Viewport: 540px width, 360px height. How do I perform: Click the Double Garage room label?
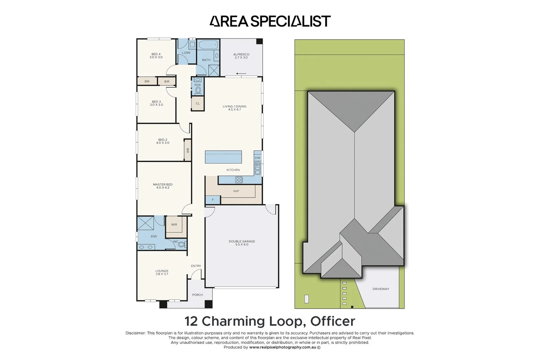(242, 243)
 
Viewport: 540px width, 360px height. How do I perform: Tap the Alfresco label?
(241, 56)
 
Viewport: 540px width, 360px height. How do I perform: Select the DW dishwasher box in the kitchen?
(257, 158)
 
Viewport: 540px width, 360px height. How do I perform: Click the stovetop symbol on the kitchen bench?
(239, 180)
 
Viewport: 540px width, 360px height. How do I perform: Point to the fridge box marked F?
(213, 200)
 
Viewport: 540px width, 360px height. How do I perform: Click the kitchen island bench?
(223, 157)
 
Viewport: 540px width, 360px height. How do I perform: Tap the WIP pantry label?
(236, 191)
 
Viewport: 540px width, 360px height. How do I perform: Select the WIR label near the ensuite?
(174, 225)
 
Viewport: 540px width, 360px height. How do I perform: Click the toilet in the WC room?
(181, 245)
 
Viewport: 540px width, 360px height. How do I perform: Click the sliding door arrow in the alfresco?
(241, 74)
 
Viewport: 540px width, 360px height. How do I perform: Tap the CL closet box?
(198, 103)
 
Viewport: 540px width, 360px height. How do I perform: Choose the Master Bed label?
(163, 186)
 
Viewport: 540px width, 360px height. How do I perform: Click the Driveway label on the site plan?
(381, 289)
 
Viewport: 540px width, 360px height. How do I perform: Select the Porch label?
(197, 295)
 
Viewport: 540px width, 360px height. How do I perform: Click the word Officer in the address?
(333, 321)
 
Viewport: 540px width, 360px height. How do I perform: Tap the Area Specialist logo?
(270, 21)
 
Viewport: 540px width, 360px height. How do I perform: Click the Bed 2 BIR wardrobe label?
(187, 151)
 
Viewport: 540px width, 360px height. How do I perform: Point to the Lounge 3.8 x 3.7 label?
(162, 272)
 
